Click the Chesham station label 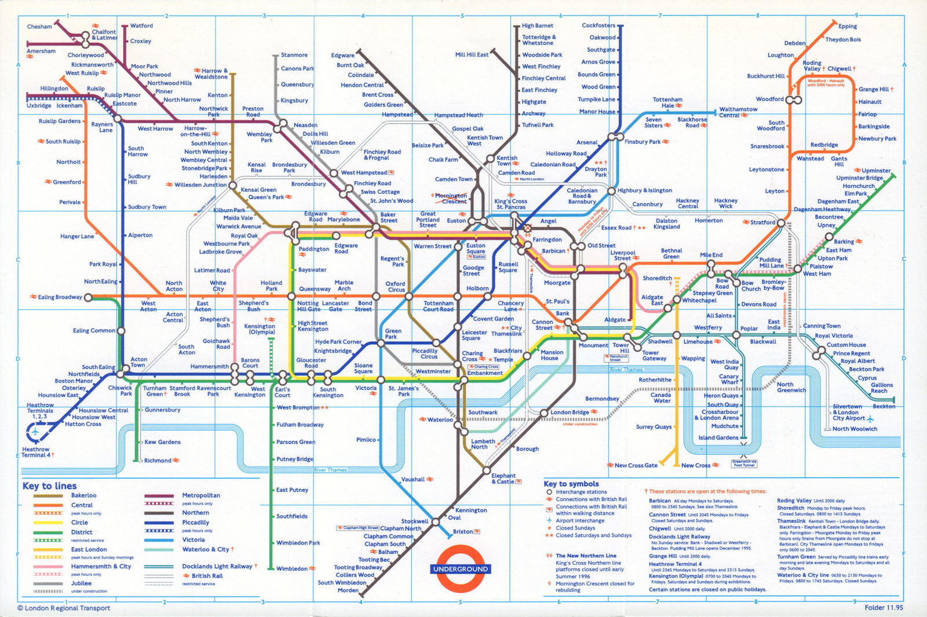point(39,27)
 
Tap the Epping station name point(847,26)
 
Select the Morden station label point(348,590)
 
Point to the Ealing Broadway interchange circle point(88,298)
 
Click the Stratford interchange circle point(781,222)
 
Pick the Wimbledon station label point(291,568)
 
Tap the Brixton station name point(463,531)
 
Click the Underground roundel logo point(461,569)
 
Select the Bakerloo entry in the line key point(83,495)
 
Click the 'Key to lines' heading point(49,485)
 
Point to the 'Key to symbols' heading point(571,484)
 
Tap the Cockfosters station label point(598,25)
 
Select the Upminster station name point(875,170)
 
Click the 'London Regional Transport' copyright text point(64,608)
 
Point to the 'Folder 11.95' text point(884,608)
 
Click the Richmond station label point(158,461)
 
